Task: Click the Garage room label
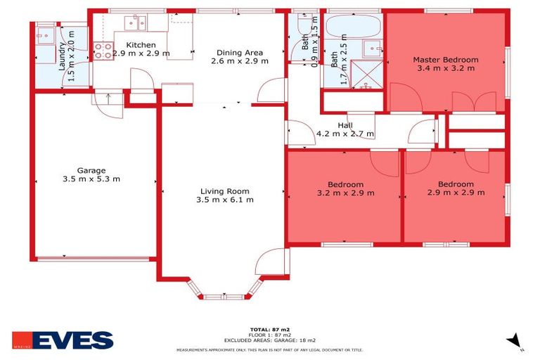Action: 91,170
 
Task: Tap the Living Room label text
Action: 224,191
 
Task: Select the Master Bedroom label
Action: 445,60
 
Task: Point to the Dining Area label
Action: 239,52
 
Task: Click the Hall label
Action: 345,125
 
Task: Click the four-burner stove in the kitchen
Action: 103,50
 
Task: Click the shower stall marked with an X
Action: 367,71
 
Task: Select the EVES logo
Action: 63,341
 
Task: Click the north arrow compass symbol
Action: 515,341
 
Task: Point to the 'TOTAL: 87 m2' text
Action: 270,329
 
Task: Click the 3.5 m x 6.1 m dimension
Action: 224,200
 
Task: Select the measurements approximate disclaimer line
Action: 270,349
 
